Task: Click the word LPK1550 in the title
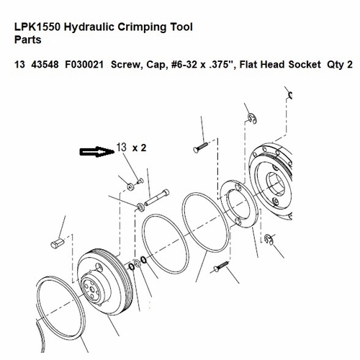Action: point(37,27)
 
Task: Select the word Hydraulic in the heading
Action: point(92,27)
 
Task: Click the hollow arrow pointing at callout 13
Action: point(95,151)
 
